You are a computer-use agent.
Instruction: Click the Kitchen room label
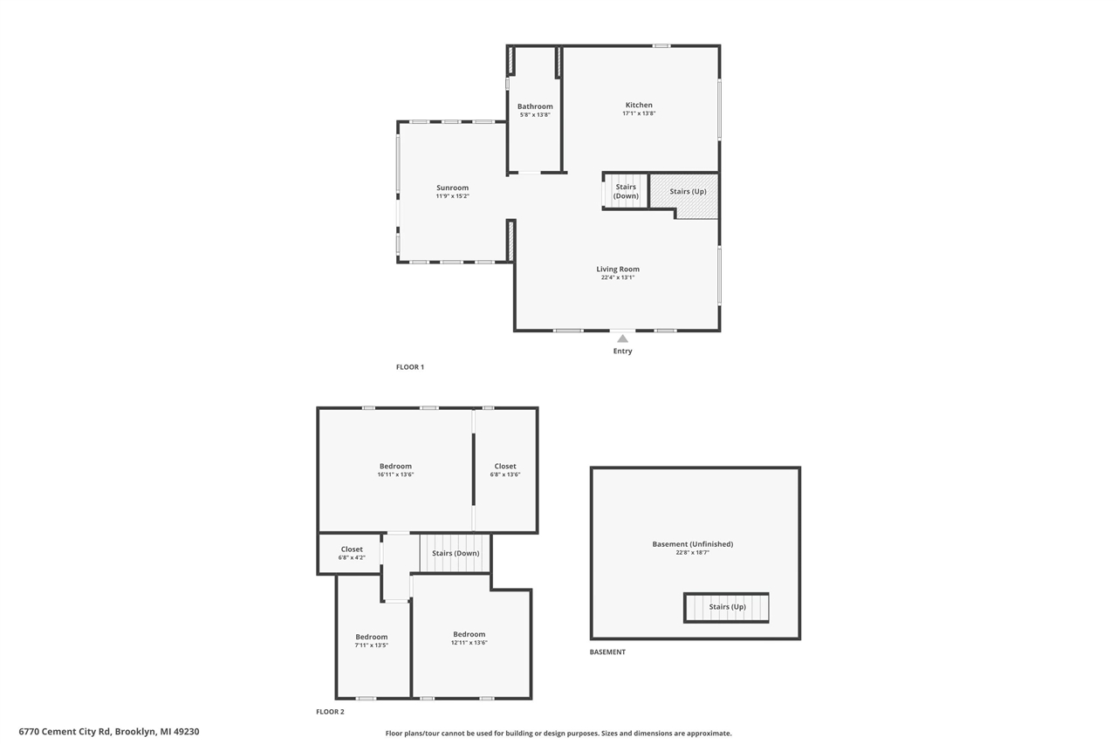point(639,106)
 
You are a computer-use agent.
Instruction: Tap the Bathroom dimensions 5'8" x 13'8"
point(535,114)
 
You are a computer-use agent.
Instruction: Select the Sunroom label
point(452,188)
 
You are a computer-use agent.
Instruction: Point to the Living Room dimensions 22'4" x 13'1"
point(618,277)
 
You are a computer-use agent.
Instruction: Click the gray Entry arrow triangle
point(623,339)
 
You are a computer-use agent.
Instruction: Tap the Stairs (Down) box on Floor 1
point(626,191)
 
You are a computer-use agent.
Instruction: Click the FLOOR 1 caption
point(410,367)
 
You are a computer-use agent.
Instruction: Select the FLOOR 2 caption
point(330,712)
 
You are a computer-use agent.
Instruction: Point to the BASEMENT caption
point(607,652)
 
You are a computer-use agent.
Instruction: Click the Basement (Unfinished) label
point(693,544)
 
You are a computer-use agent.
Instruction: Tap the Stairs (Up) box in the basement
point(726,607)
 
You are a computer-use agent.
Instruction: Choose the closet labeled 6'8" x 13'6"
point(505,470)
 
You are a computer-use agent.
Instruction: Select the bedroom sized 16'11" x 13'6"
point(395,470)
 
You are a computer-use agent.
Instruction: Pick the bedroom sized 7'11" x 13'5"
point(372,640)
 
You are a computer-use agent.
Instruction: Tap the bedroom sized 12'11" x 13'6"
point(469,638)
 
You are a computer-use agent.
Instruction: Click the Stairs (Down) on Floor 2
point(456,553)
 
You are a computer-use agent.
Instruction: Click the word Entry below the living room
point(623,351)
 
